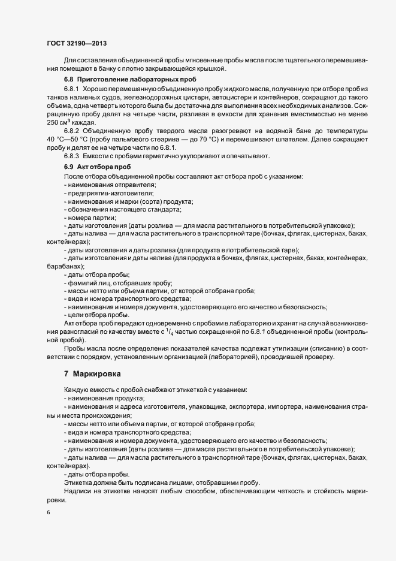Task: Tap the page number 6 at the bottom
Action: (48, 512)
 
